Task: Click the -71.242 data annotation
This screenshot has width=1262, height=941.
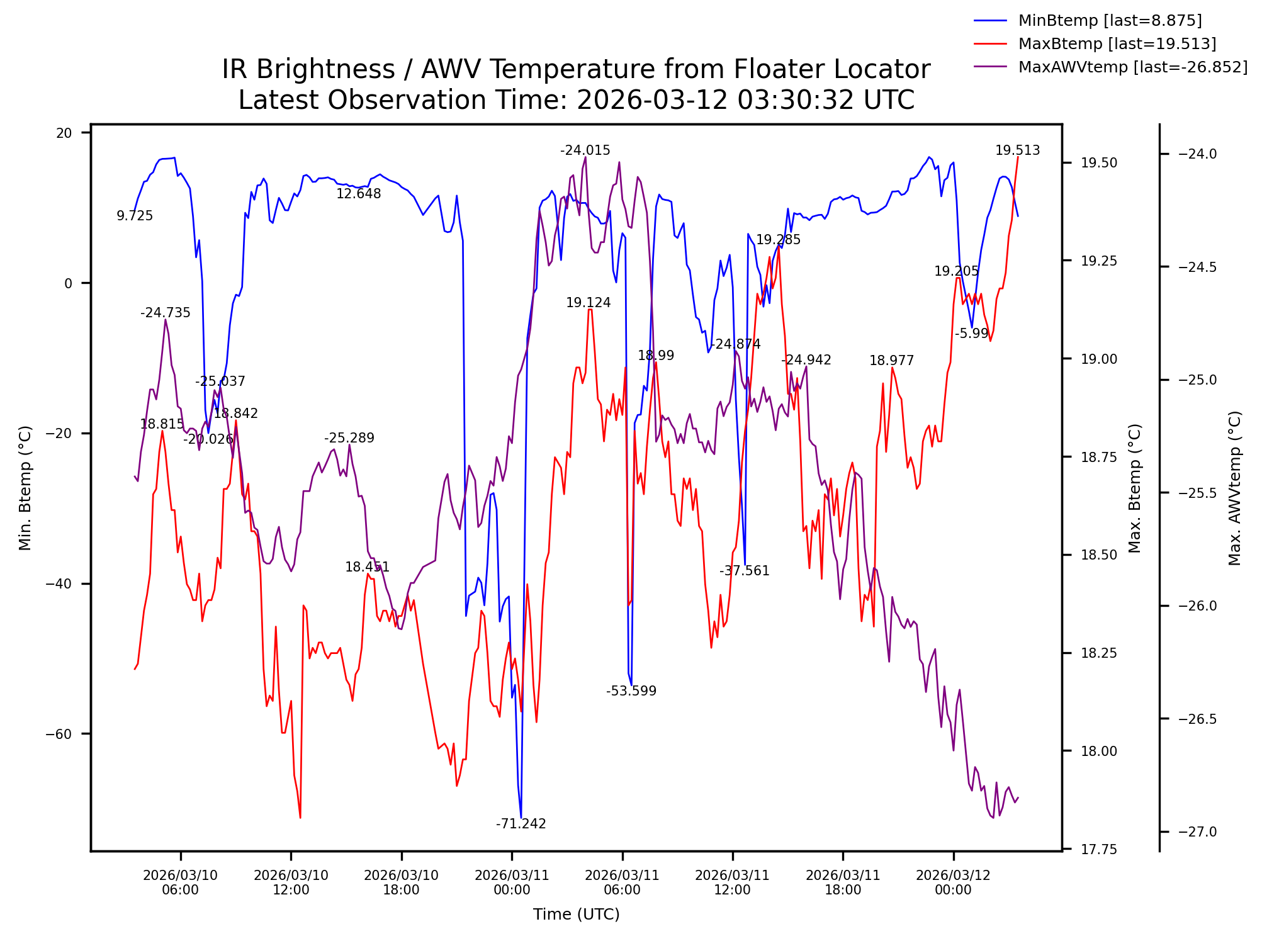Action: (521, 824)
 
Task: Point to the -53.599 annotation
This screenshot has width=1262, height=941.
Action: (631, 691)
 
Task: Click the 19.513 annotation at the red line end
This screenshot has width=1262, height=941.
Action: (1017, 150)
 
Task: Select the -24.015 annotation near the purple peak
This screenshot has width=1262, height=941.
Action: (585, 150)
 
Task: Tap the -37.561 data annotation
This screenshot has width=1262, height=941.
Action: (744, 571)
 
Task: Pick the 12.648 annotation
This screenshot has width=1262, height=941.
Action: (358, 194)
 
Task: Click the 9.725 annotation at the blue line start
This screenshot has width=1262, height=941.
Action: (135, 216)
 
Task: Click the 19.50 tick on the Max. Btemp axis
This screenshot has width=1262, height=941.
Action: (1099, 163)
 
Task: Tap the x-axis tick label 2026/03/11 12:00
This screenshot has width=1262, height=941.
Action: (732, 882)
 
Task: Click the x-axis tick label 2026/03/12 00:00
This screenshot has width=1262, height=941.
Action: (953, 882)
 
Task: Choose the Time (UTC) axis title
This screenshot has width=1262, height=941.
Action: (576, 915)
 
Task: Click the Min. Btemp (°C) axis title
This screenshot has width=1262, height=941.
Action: (25, 488)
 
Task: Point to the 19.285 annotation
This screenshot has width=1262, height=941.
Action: (778, 240)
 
